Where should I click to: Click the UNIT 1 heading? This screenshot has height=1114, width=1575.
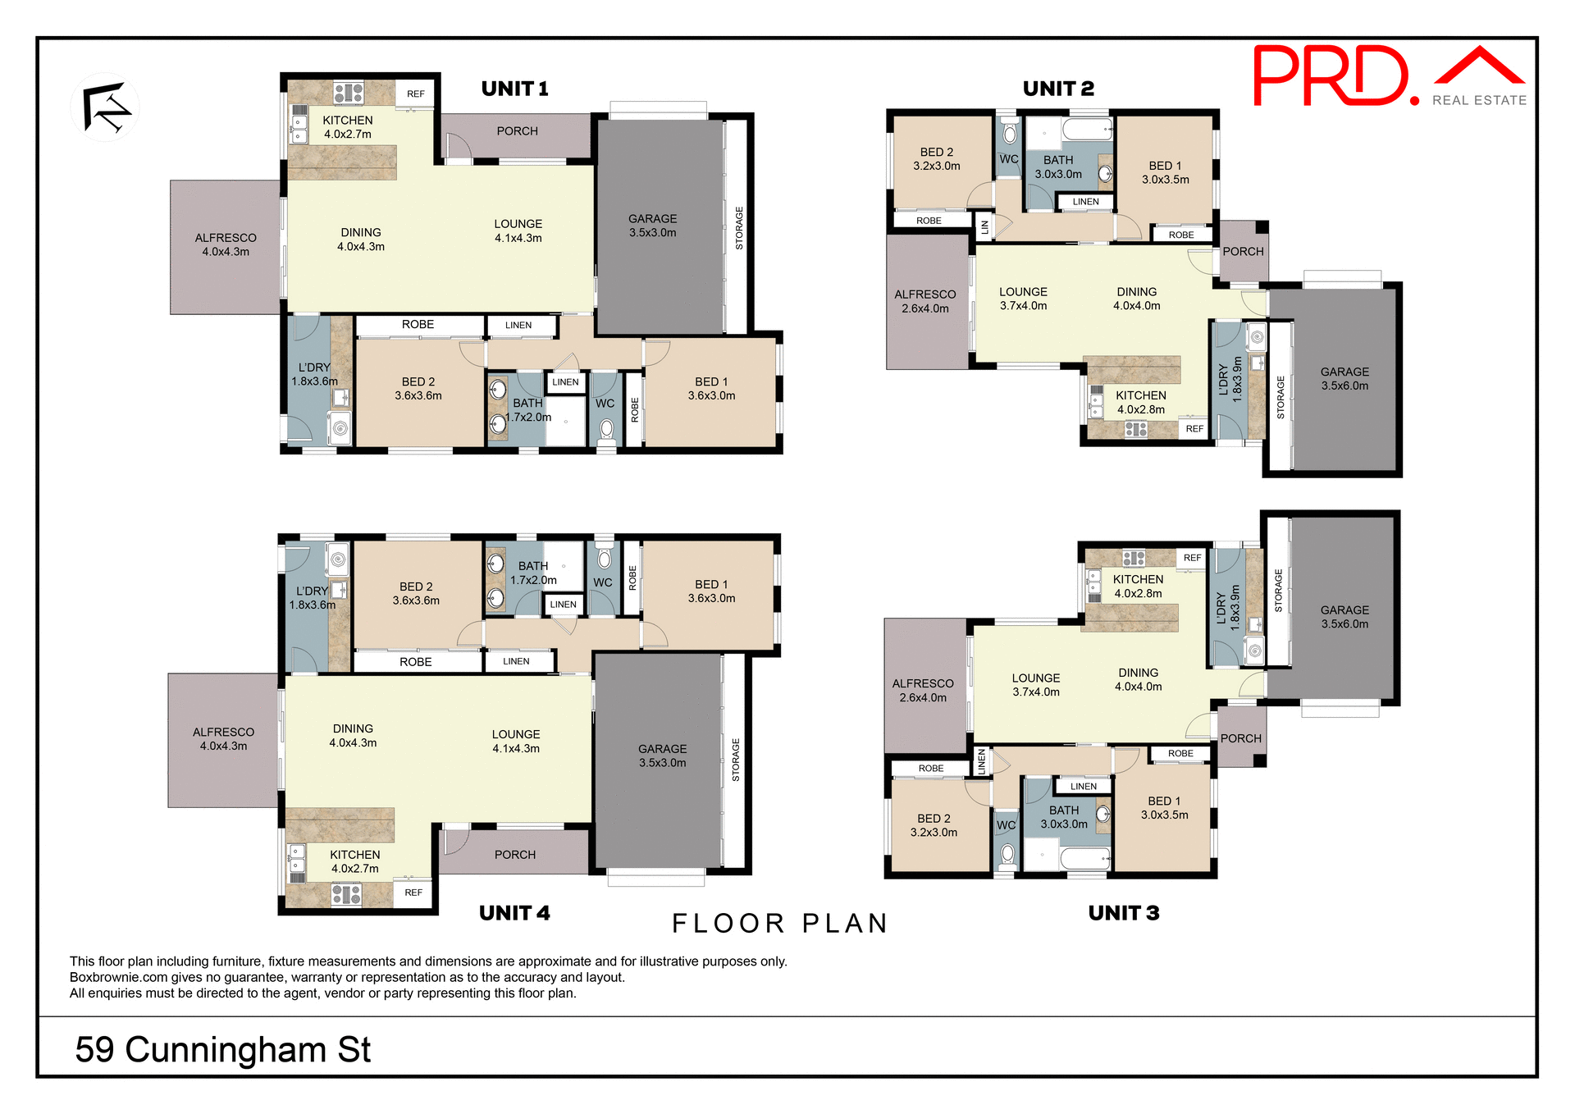514,89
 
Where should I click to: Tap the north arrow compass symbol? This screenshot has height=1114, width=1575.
106,107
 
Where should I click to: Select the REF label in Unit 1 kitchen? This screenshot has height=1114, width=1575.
416,94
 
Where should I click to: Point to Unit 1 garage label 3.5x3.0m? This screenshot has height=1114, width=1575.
653,226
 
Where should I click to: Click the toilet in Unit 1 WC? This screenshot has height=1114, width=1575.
606,430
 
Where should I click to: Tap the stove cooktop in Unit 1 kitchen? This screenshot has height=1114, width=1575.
349,92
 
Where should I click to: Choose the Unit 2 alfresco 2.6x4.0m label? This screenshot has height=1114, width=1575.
925,301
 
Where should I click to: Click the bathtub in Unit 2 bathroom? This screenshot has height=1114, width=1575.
1087,129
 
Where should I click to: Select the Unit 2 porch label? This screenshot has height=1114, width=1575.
1243,252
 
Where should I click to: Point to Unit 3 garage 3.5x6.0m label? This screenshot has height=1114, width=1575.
1344,617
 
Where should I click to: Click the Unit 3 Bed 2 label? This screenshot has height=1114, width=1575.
934,824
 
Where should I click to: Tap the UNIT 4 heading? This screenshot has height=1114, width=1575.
514,913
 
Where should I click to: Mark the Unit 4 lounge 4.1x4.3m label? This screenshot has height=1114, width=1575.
516,741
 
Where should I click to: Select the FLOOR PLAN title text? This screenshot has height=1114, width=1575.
779,924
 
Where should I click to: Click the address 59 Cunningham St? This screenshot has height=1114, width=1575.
223,1049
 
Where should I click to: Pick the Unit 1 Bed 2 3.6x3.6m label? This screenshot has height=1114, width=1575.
418,388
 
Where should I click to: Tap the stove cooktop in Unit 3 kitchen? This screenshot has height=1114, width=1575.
1134,559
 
